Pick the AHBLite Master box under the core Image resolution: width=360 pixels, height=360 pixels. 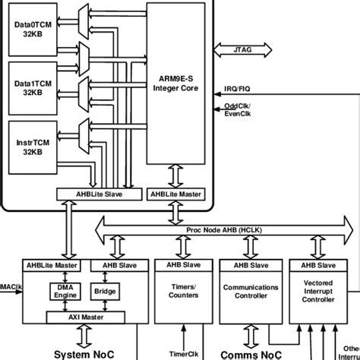pos(176,194)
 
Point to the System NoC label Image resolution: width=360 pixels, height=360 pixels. pos(84,352)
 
